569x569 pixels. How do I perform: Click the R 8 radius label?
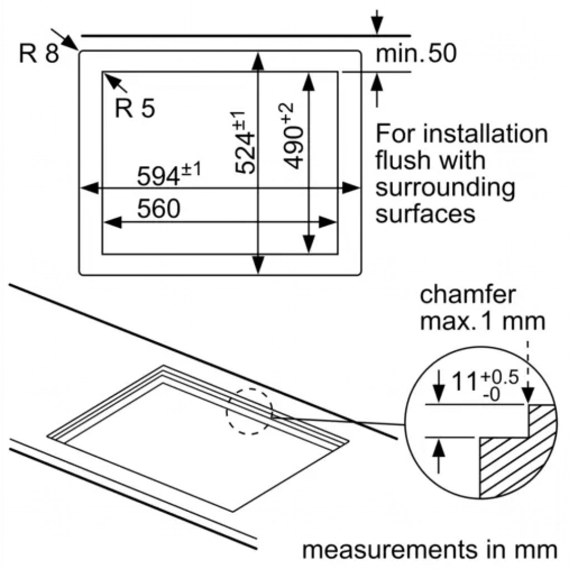(39, 53)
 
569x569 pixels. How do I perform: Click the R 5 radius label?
(134, 108)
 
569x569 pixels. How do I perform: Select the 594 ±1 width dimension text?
(169, 174)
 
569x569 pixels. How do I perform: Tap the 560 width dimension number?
(158, 208)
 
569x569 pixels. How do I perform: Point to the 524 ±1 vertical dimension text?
(244, 142)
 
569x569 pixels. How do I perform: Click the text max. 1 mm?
(483, 321)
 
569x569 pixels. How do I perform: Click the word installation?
(486, 133)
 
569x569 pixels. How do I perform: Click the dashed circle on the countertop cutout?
(249, 411)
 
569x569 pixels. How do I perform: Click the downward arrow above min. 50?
(377, 22)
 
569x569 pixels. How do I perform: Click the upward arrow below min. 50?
(377, 90)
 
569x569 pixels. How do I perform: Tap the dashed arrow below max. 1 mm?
(528, 372)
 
